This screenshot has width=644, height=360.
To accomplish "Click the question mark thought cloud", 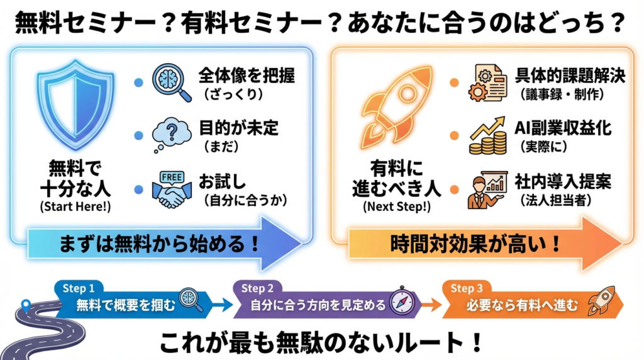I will point(170,134).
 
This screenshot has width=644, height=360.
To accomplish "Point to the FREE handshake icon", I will point(171,189).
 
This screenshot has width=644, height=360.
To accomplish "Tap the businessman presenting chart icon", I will point(487,189).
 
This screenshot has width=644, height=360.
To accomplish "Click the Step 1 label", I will point(78,288).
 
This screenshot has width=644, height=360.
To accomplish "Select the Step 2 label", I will point(257,288).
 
